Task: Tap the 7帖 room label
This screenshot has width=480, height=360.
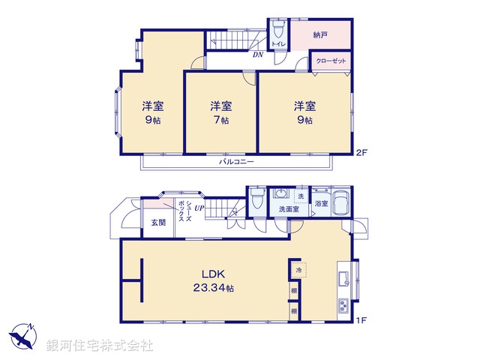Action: click(x=220, y=112)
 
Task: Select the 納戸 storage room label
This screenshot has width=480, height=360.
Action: click(x=321, y=34)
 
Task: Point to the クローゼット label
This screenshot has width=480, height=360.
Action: click(x=331, y=61)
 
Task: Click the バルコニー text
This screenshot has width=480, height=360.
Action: click(x=237, y=161)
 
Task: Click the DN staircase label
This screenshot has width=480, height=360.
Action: click(x=257, y=54)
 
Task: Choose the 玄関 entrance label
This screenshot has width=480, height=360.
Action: click(x=157, y=222)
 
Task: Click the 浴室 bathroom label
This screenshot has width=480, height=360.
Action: click(x=322, y=203)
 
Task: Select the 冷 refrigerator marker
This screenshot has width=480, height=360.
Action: click(x=297, y=268)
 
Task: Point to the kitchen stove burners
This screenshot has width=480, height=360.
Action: click(x=344, y=306)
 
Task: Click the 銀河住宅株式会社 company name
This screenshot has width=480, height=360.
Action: click(x=100, y=346)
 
